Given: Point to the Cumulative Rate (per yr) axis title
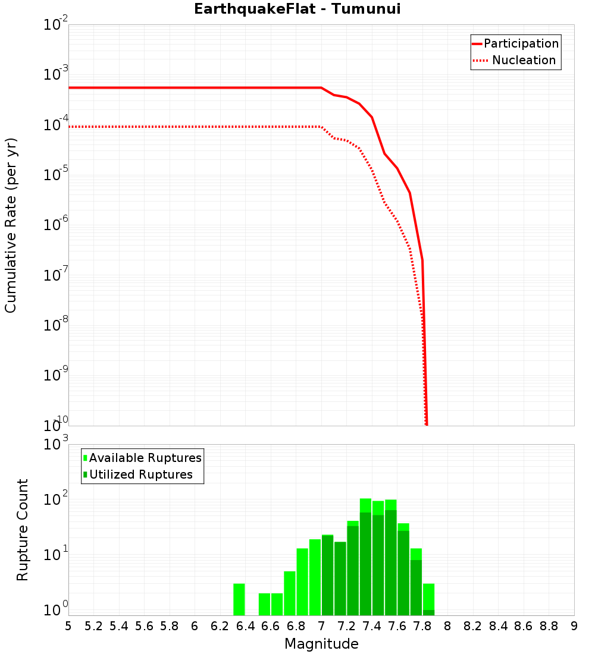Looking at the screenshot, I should coord(11,225).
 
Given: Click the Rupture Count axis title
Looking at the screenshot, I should coord(23,530).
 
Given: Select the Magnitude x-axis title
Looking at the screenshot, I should coord(321,644).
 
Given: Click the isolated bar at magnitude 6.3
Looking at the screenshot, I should coord(239,599).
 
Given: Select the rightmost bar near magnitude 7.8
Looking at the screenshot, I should coord(428,599).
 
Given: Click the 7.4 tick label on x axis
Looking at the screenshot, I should coord(372,626).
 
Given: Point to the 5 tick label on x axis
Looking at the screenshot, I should coord(68,626).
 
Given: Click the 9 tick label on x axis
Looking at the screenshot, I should coord(574,626).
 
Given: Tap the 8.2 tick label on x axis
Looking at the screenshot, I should coord(473,626).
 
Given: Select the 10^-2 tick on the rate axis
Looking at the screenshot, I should coord(56,26).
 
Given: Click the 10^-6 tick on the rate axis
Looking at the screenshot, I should coord(56,225).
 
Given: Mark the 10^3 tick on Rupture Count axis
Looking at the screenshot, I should coord(56,445).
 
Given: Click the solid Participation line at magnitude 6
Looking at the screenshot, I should coord(195,88).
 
